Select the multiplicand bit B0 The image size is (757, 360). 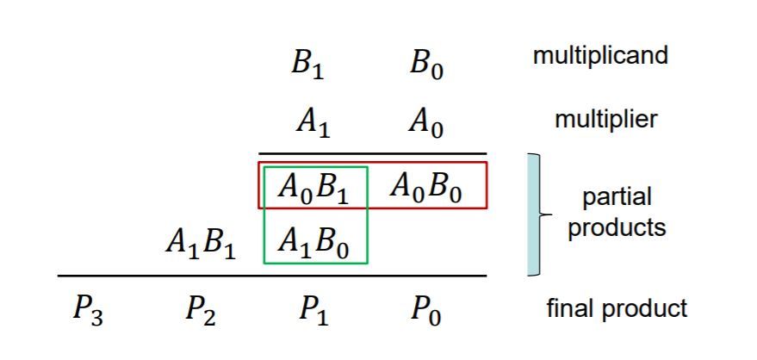426,65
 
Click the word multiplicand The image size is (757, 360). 600,56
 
